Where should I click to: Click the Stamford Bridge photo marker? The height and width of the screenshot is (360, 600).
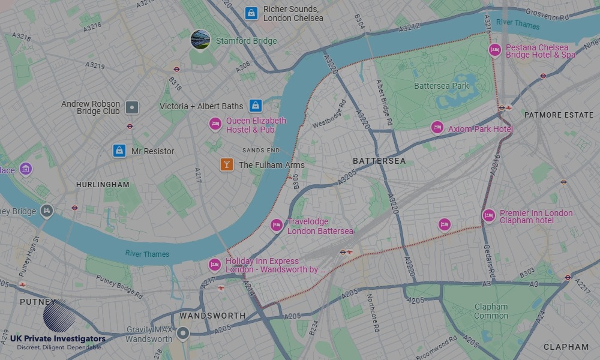[x=200, y=40]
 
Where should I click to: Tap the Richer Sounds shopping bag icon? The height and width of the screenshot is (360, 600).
[x=251, y=13]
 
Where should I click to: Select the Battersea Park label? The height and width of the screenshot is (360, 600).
[x=442, y=86]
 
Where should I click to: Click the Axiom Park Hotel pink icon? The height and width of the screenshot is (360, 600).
[x=437, y=127]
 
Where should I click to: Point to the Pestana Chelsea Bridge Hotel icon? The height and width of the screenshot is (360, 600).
[x=495, y=50]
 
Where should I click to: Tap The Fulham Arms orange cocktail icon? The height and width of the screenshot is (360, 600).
[x=226, y=164]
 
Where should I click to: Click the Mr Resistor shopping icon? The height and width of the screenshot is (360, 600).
[x=119, y=151]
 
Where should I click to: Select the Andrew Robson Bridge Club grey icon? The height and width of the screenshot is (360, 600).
[x=132, y=108]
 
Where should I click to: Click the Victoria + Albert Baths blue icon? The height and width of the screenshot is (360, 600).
[x=256, y=106]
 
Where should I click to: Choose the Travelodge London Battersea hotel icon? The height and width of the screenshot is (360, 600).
[x=277, y=225]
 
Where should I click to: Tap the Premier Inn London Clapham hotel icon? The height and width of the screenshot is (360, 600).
[x=489, y=215]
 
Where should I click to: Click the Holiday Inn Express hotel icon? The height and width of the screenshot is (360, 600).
[x=215, y=265]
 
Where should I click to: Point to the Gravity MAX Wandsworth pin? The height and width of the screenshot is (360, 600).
[x=183, y=333]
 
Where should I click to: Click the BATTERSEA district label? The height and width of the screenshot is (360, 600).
[x=379, y=161]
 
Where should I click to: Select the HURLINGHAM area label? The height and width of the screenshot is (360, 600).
[x=103, y=185]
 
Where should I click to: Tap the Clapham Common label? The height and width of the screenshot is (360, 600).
[x=491, y=311]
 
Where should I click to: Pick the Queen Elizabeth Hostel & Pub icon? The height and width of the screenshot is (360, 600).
[x=215, y=124]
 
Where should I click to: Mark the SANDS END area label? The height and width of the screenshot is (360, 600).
[x=261, y=150]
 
